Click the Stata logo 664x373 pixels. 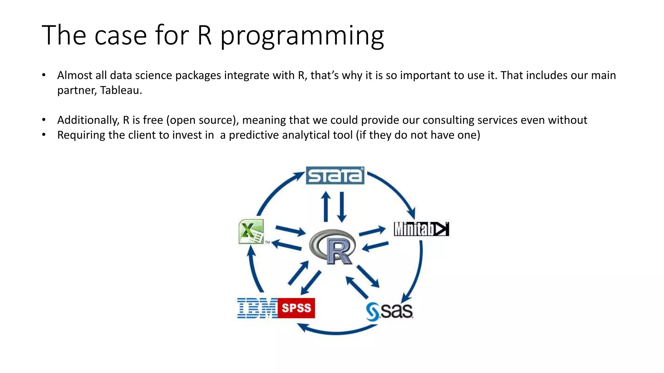tap(335, 175)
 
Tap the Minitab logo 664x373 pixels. tap(421, 229)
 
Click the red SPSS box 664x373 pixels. tap(296, 308)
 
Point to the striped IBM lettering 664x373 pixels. tap(257, 308)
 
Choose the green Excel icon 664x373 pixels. tap(251, 232)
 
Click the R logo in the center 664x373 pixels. tap(333, 246)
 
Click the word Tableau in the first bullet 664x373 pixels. tap(121, 90)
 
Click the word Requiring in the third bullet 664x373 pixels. tap(81, 135)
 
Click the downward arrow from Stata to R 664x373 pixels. tap(342, 207)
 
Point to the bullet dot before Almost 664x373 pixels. tap(44, 75)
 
